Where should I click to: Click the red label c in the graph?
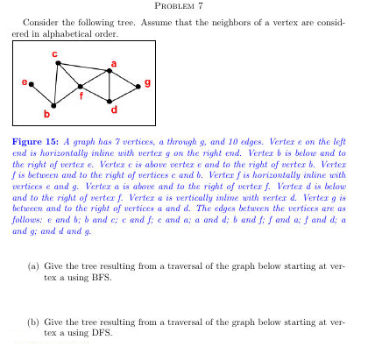[x=55, y=54]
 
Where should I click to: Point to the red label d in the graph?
[x=114, y=110]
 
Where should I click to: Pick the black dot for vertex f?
[x=81, y=87]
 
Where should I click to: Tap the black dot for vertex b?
[x=53, y=105]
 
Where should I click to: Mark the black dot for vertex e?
[x=32, y=85]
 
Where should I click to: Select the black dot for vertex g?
[x=137, y=87]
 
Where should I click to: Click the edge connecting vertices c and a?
[x=83, y=67]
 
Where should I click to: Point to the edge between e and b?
[x=42, y=95]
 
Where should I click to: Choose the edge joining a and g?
[x=123, y=79]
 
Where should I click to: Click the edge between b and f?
[x=67, y=96]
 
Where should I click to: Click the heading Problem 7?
[x=183, y=6]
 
